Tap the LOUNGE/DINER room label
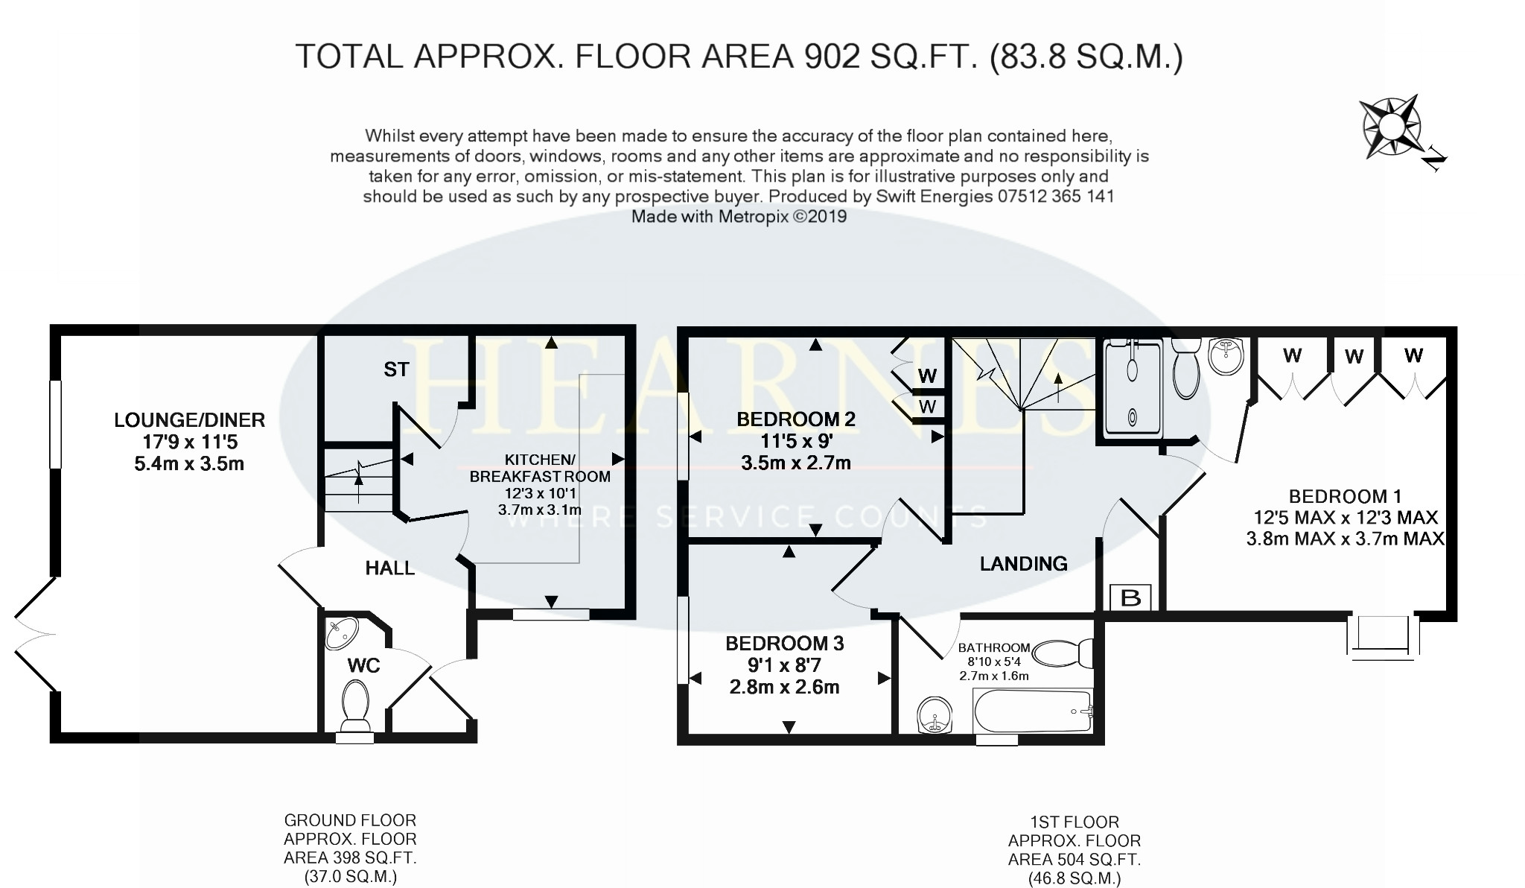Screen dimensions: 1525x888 [x=189, y=420]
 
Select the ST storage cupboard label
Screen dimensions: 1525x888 [x=396, y=369]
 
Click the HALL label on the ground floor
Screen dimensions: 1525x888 [x=389, y=568]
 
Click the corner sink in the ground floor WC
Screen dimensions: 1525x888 [x=344, y=633]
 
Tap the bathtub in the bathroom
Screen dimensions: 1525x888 [x=1034, y=711]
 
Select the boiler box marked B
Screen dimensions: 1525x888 [x=1130, y=597]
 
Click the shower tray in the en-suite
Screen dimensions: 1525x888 [x=1132, y=387]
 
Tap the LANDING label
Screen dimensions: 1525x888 [x=1023, y=564]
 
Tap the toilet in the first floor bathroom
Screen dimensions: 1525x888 [x=1063, y=653]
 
